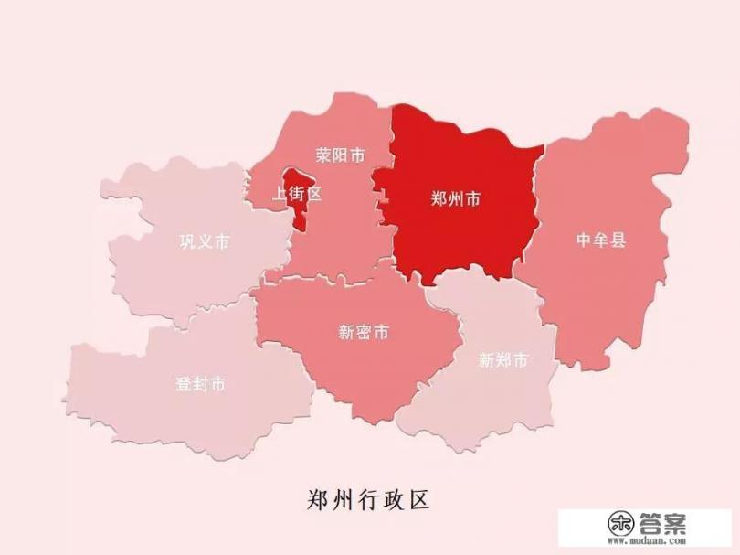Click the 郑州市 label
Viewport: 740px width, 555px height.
455,199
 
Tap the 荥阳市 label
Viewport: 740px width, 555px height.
340,155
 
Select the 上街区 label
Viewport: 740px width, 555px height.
298,194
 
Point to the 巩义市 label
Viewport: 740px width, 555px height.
204,242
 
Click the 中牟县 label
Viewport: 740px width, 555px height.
601,240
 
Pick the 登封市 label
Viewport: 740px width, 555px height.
200,384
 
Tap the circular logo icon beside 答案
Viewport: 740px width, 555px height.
623,525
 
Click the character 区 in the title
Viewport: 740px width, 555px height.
417,500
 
